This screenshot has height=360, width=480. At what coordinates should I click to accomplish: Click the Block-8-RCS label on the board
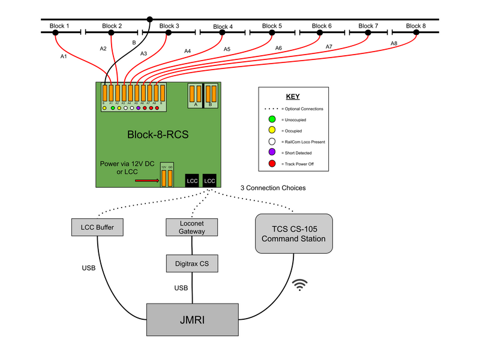158,134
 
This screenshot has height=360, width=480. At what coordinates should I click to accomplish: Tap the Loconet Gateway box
191,227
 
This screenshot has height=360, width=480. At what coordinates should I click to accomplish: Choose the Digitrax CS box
191,263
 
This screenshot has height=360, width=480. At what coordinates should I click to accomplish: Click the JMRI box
193,320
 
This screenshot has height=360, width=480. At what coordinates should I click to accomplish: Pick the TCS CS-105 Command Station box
293,234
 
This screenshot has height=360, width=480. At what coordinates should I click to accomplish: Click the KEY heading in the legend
293,97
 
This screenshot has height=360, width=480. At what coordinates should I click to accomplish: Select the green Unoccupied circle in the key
272,119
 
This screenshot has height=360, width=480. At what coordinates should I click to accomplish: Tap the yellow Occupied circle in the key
272,130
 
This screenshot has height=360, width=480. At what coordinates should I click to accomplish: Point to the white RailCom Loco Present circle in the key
272,142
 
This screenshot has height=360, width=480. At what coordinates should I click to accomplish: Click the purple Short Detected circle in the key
272,152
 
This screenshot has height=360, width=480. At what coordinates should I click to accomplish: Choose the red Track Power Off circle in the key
272,163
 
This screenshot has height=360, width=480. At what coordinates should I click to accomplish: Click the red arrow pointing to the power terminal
146,179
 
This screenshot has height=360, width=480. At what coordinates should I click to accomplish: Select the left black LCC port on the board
192,180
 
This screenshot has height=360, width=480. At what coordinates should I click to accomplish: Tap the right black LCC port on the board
209,180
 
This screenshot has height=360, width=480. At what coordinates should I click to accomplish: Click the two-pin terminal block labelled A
196,94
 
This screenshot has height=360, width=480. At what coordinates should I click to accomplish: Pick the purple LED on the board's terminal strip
138,108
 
